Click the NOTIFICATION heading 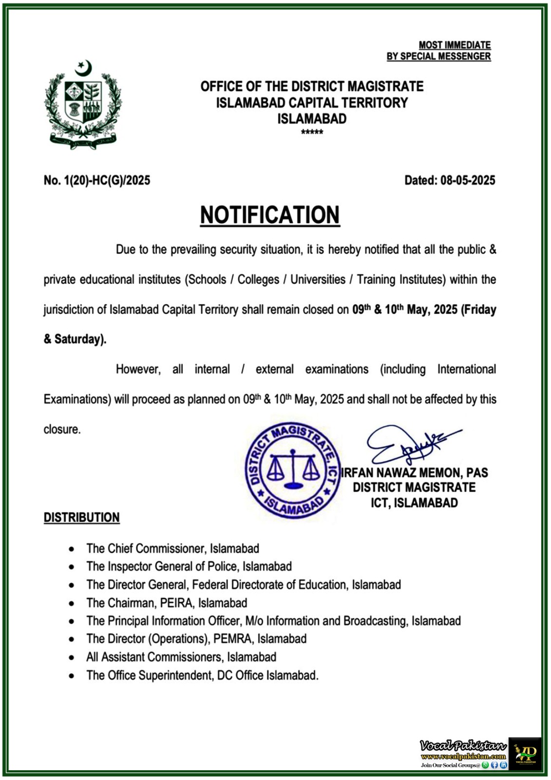(269, 215)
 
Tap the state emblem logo (83, 105)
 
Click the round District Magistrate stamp (292, 470)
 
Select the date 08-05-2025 (468, 180)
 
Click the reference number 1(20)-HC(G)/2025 (107, 180)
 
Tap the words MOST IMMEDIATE (455, 45)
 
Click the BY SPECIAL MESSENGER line (438, 57)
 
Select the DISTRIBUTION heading (81, 517)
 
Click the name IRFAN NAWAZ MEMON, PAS (415, 472)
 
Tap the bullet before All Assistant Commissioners (72, 658)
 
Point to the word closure (62, 429)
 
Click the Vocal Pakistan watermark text (463, 746)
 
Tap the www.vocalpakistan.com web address (463, 757)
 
